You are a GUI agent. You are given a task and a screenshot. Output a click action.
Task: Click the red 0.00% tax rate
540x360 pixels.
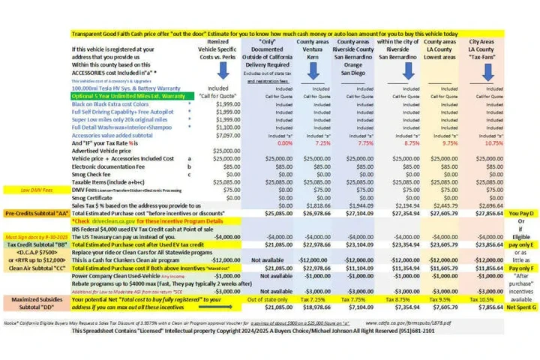point(263,142)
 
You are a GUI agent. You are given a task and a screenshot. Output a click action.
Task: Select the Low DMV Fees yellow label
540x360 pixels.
point(35,190)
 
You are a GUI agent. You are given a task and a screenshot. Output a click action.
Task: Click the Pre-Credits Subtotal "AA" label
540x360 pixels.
point(35,213)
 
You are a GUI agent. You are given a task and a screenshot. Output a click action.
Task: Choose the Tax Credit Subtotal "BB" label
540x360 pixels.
point(35,243)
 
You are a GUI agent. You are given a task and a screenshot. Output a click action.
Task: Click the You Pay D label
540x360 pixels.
point(520,213)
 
